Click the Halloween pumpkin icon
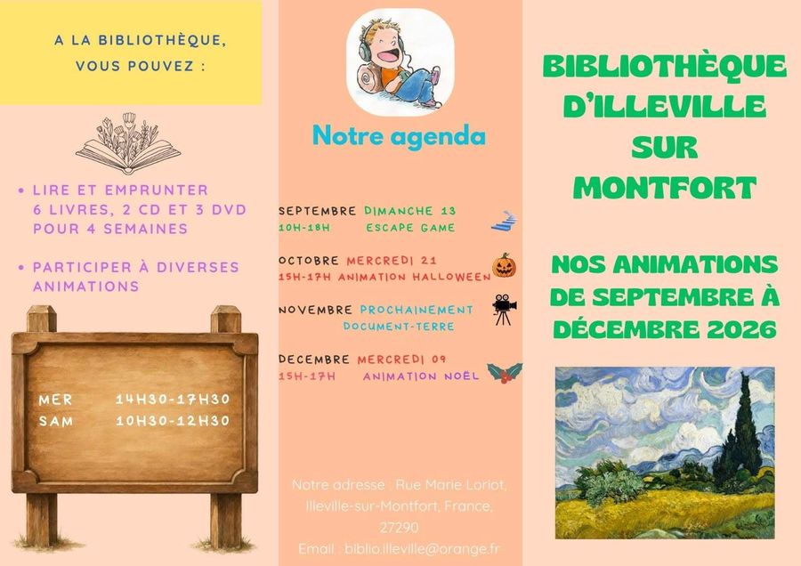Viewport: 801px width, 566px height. (x=505, y=265)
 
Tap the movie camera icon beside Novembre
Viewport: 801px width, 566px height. (x=505, y=310)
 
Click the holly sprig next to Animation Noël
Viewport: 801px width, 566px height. (x=505, y=372)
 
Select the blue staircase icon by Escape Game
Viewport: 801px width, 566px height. (x=505, y=221)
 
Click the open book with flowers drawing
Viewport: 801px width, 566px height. (x=128, y=143)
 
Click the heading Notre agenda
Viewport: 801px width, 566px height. (x=399, y=136)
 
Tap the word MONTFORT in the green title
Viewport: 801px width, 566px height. (x=664, y=188)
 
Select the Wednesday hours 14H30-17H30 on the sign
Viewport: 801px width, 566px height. (x=173, y=399)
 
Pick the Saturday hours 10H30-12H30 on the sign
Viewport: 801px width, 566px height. (x=173, y=420)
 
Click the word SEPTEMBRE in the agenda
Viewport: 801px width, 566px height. (x=317, y=211)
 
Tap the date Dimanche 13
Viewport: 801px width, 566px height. (x=409, y=210)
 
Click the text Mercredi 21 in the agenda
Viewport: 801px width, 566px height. (x=392, y=261)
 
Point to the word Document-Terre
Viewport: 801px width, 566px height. (x=399, y=327)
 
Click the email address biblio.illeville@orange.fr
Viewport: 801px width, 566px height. (x=422, y=548)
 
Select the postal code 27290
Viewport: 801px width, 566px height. (x=399, y=527)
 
